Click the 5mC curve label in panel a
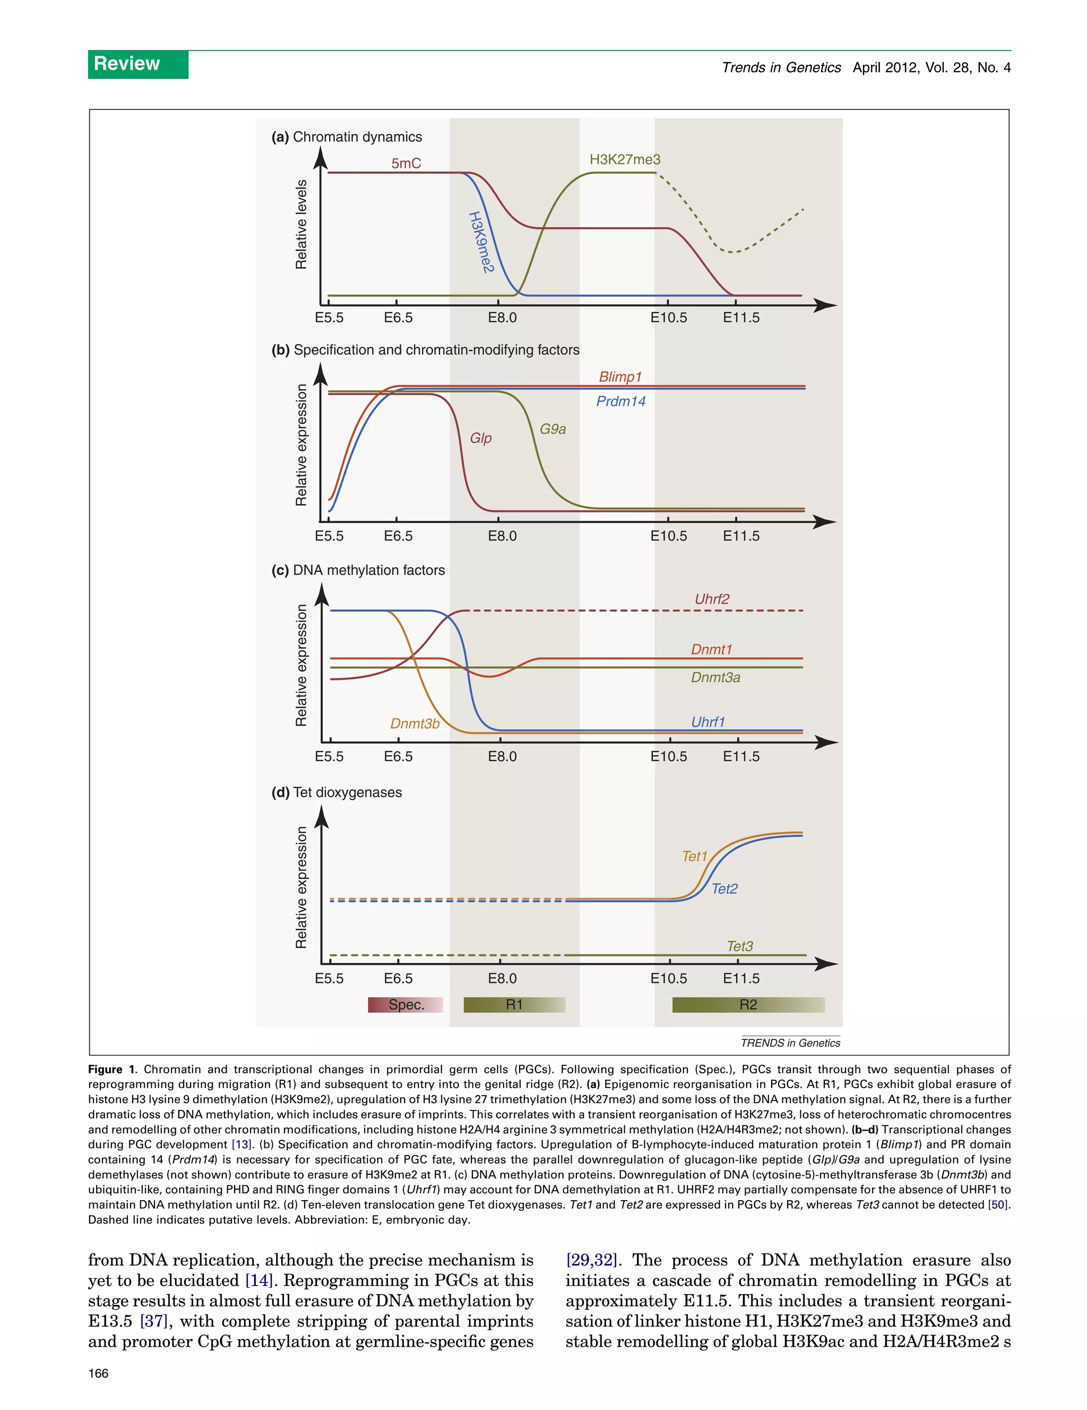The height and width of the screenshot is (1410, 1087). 406,164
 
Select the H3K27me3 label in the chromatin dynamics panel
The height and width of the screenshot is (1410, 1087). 625,159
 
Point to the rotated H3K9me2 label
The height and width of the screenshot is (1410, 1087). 481,242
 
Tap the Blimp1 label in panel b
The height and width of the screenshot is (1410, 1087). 620,377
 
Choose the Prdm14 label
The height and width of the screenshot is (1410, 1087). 620,401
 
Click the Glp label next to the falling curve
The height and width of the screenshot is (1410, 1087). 480,438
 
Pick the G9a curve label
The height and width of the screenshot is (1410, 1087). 553,429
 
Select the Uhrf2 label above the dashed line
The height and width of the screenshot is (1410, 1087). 712,599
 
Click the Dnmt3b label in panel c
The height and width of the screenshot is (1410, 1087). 415,724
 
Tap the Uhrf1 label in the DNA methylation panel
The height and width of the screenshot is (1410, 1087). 708,722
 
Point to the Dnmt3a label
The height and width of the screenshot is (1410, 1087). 715,677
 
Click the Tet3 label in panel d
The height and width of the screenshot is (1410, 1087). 739,946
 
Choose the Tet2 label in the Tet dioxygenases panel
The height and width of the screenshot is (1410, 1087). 724,889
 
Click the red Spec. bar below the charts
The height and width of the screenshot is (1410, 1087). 406,1005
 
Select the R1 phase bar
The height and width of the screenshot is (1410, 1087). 514,1005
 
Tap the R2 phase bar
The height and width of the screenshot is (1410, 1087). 748,1005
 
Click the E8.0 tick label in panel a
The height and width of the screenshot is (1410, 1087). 502,318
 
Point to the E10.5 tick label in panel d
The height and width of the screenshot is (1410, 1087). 668,978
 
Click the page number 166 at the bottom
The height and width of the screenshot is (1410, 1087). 99,1373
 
